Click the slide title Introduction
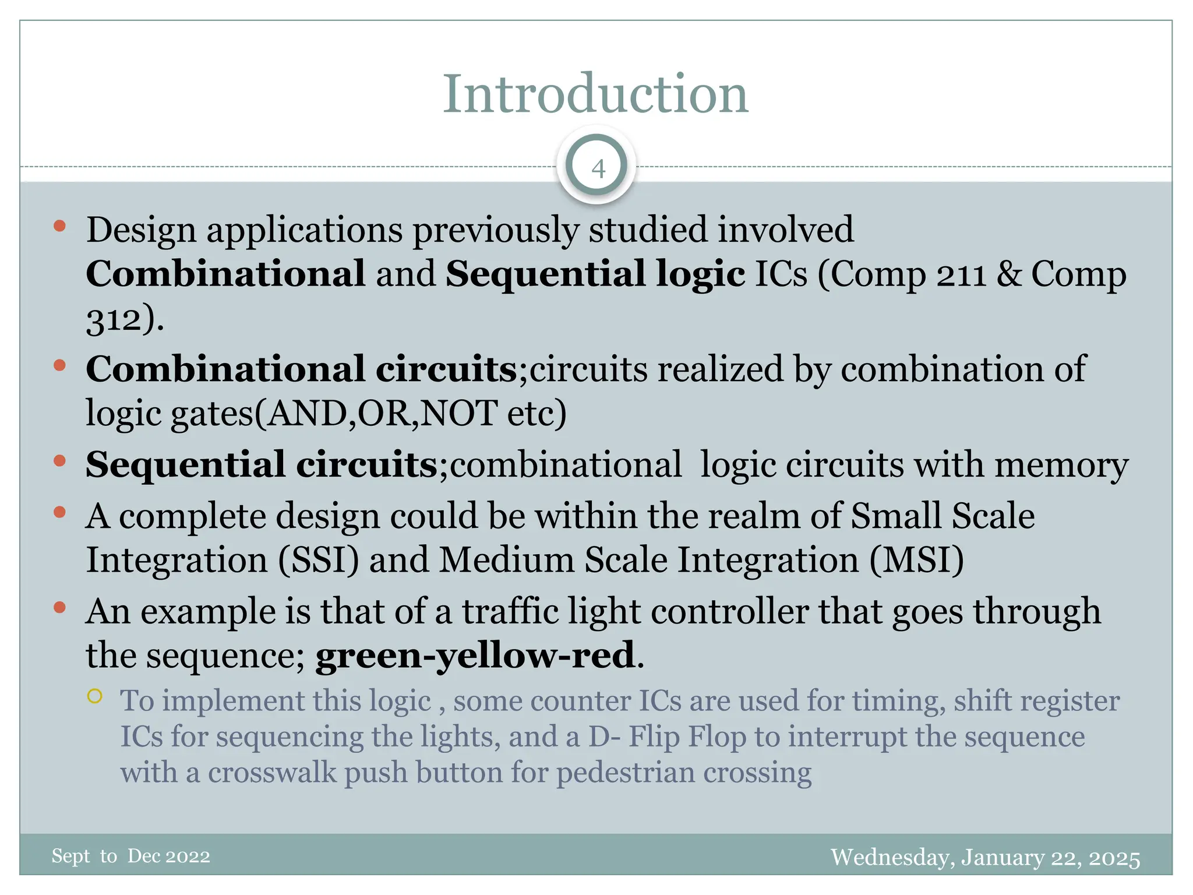pos(595,94)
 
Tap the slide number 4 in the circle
pos(598,169)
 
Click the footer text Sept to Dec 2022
pos(130,856)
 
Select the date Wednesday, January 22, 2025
pos(985,858)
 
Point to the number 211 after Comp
pos(961,274)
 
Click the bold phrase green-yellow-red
pos(475,655)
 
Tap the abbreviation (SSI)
pos(318,560)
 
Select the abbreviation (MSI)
pos(916,560)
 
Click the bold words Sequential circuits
pos(262,465)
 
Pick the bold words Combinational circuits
pos(301,369)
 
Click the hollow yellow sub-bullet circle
pos(95,696)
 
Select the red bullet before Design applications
pos(59,226)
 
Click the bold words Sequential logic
pos(595,274)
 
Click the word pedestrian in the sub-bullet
pos(625,773)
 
